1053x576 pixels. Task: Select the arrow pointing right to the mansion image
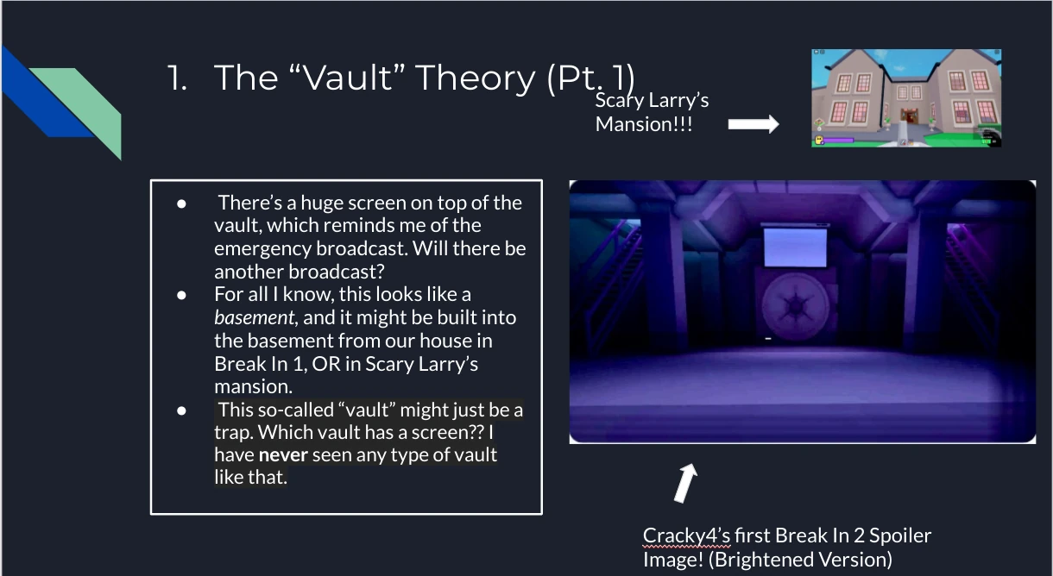coord(753,124)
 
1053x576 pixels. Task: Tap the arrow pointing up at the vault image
coord(684,484)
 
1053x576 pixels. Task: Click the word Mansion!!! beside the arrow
coord(644,123)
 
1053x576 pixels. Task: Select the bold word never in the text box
coord(283,454)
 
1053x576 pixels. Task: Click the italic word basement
coord(254,317)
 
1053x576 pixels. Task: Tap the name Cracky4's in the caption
coord(686,535)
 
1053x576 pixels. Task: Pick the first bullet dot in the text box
coord(181,203)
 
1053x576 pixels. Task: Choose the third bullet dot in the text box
coord(181,410)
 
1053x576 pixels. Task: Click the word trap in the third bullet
coord(231,431)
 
